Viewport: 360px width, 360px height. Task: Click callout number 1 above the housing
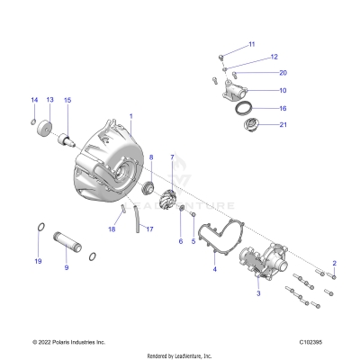click(130, 117)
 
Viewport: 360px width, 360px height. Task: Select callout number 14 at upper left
click(34, 100)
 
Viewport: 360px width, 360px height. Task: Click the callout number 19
click(38, 261)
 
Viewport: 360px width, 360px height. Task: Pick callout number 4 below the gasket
click(214, 269)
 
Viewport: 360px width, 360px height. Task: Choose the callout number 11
click(252, 44)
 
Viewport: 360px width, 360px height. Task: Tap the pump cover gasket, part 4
click(216, 238)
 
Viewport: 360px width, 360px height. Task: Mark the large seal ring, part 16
click(243, 110)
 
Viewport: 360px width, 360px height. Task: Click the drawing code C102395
click(318, 343)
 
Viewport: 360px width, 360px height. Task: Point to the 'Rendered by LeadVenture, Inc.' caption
click(179, 355)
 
